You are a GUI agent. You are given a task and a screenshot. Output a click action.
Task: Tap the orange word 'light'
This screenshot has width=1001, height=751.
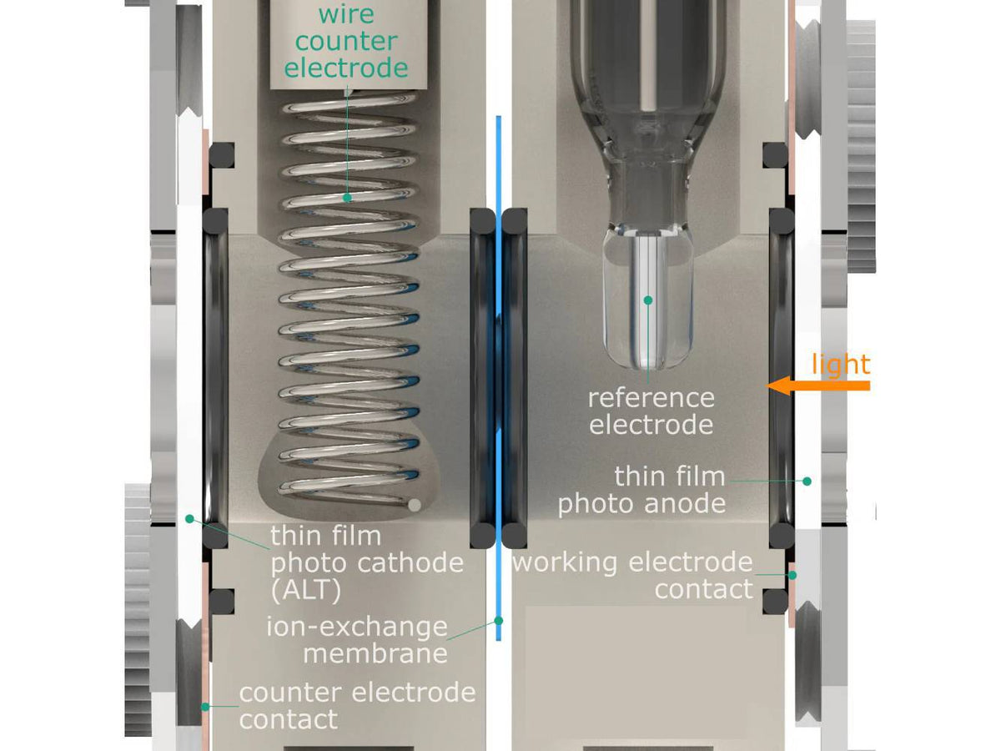tap(841, 365)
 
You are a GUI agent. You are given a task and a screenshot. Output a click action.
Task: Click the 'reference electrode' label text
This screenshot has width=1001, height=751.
tap(651, 411)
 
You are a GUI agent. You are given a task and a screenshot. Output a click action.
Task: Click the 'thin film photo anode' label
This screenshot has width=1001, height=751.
tap(641, 490)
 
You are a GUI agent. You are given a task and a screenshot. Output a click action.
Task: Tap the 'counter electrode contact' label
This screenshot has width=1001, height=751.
tap(357, 705)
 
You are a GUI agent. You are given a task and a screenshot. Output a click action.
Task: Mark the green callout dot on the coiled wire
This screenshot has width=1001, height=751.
tap(348, 198)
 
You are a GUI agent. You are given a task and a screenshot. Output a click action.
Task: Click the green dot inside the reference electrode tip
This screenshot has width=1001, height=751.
tap(647, 298)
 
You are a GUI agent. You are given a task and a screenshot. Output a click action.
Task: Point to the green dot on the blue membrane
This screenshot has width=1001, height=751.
tap(499, 620)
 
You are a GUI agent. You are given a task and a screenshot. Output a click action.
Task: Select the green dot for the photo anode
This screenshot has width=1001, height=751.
tap(807, 481)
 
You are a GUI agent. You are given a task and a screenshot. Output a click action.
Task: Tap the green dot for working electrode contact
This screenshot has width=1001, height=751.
tap(792, 574)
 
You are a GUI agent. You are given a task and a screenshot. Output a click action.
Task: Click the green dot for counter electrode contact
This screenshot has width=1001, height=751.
tap(204, 707)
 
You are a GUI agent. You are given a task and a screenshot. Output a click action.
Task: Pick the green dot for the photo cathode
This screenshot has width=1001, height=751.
tap(189, 518)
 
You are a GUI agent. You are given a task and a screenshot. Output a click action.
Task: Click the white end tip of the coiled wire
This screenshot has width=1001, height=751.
tap(414, 504)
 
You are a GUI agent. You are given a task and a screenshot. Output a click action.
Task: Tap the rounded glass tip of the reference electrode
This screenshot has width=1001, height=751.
tap(648, 355)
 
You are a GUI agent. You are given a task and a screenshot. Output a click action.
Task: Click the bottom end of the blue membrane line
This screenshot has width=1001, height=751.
tap(499, 638)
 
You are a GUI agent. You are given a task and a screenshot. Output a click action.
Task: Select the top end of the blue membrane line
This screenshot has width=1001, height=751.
tap(498, 118)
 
